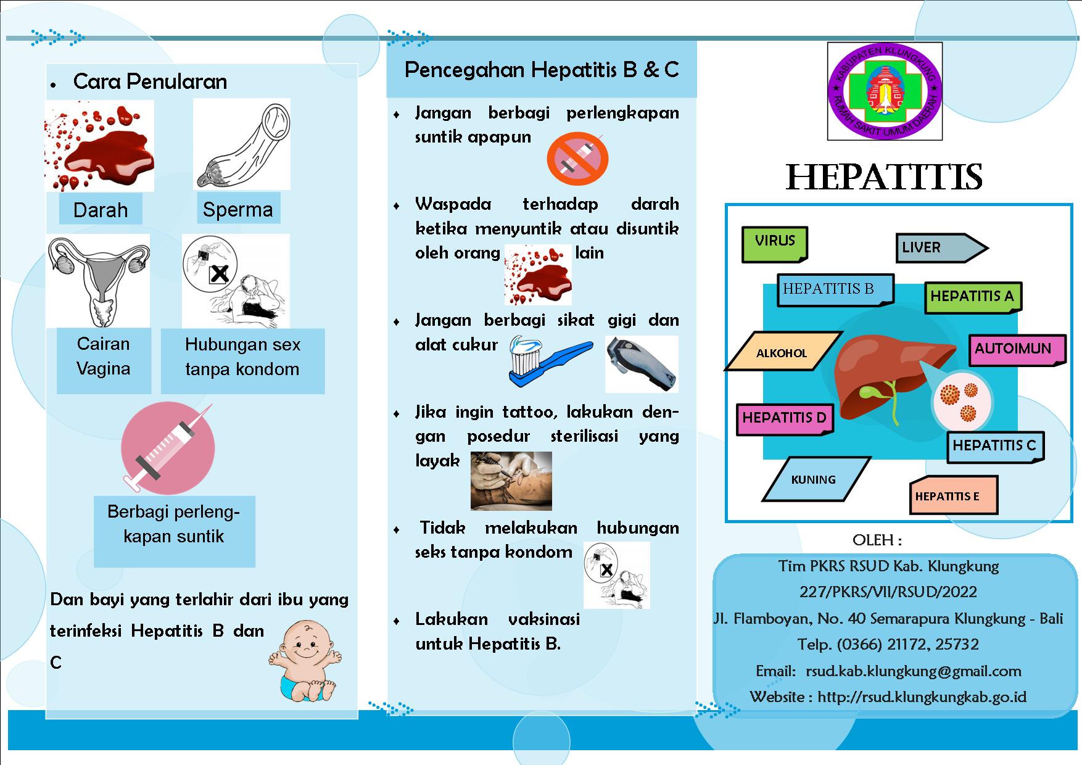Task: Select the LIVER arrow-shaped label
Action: pyautogui.click(x=941, y=248)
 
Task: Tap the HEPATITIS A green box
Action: pyautogui.click(x=972, y=297)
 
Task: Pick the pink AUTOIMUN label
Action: pyautogui.click(x=1017, y=350)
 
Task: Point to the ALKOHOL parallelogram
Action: pyautogui.click(x=783, y=352)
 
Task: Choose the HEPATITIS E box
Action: pyautogui.click(x=953, y=495)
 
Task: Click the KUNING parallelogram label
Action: pyautogui.click(x=816, y=479)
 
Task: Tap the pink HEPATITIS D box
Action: pyautogui.click(x=785, y=420)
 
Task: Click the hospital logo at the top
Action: pyautogui.click(x=884, y=91)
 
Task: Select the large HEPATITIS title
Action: pyautogui.click(x=884, y=177)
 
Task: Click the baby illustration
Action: pyautogui.click(x=305, y=661)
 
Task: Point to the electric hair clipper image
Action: pyautogui.click(x=642, y=364)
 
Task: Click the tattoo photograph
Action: pyautogui.click(x=511, y=481)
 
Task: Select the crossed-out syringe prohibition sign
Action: pyautogui.click(x=577, y=159)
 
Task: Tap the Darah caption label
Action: pyautogui.click(x=101, y=210)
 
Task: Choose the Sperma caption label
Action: pyautogui.click(x=237, y=209)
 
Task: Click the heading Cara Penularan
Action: pyautogui.click(x=150, y=81)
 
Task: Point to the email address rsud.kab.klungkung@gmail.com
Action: pyautogui.click(x=914, y=671)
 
